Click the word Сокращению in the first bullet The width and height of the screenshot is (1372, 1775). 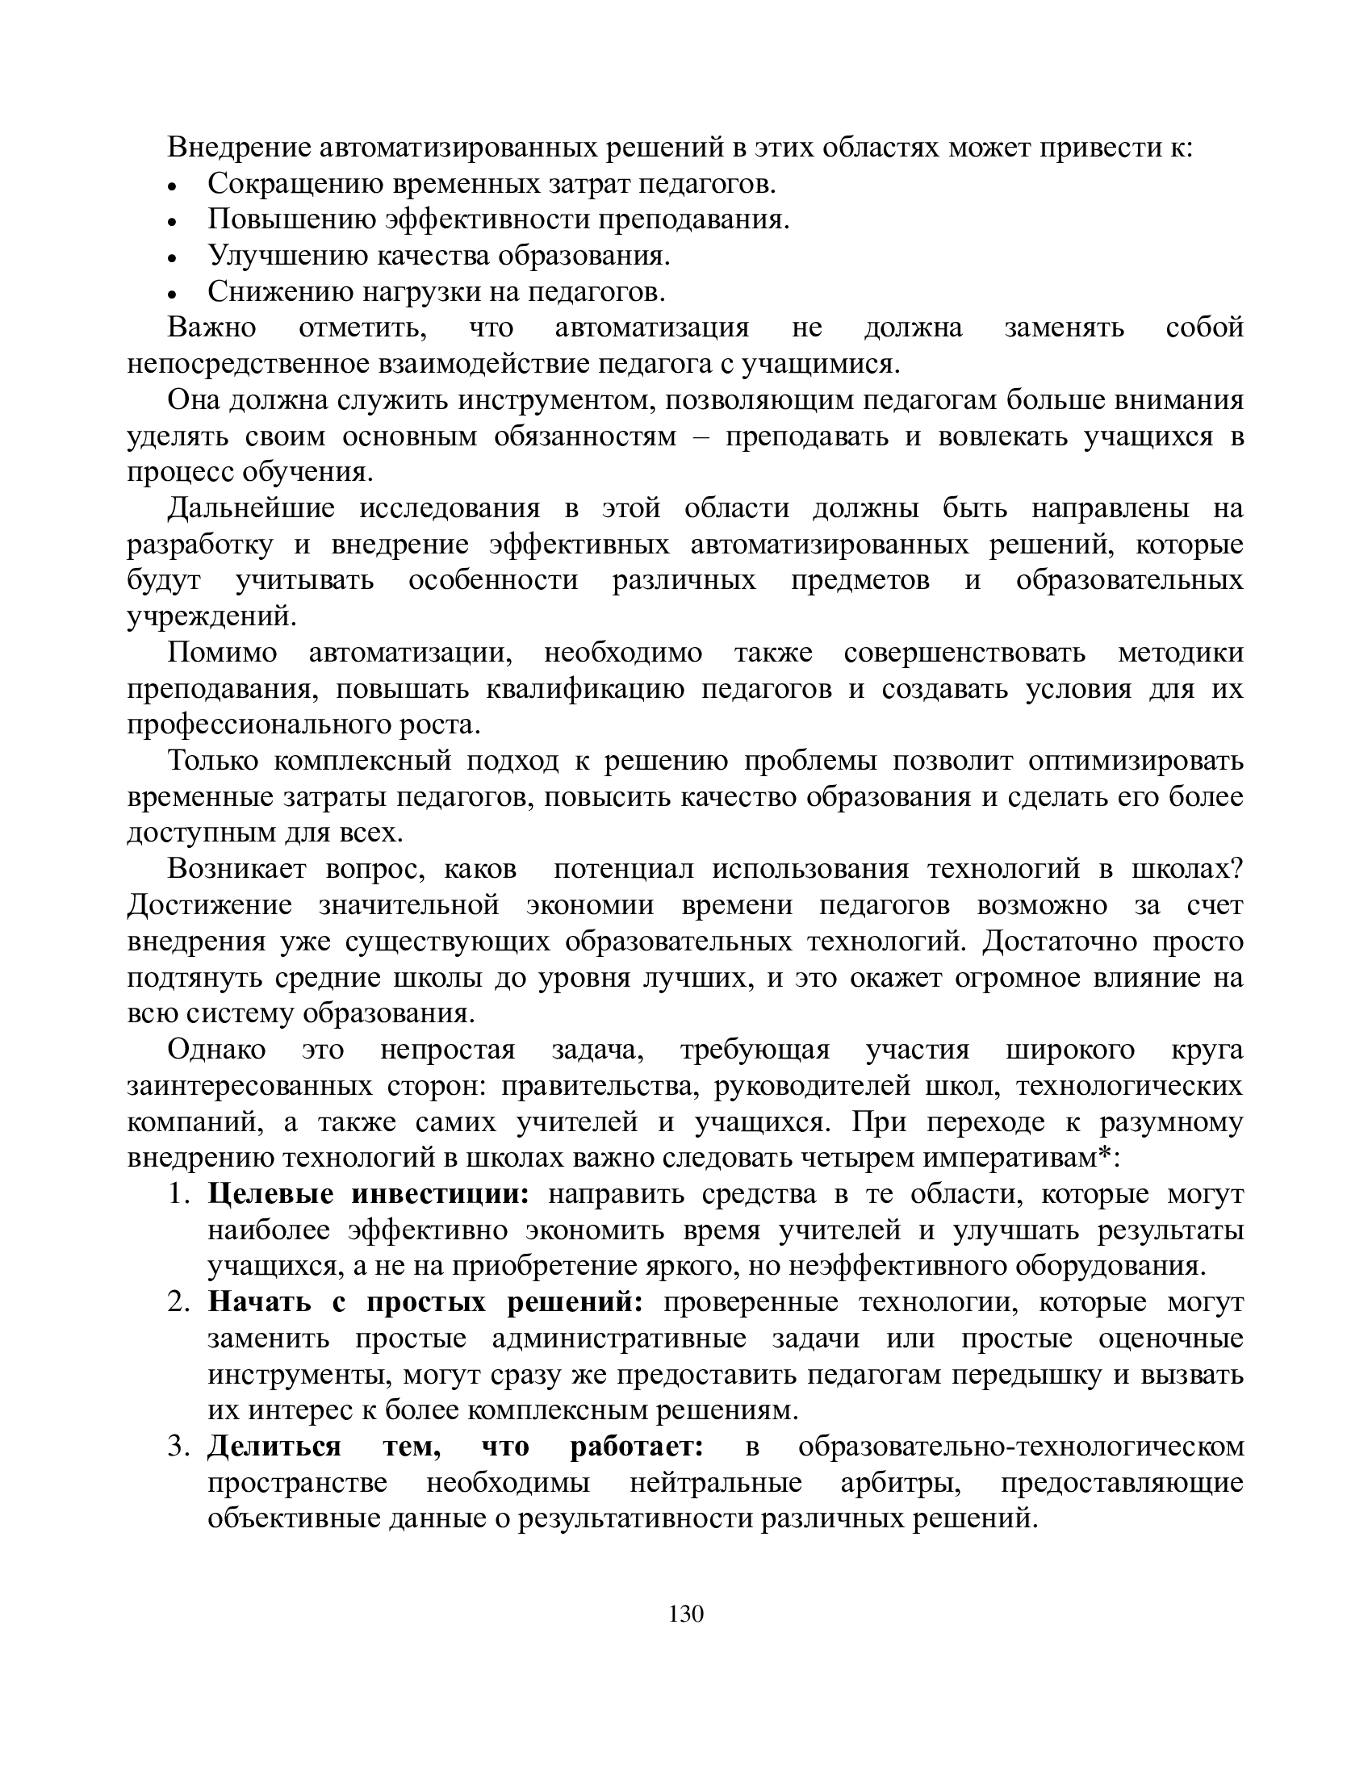click(295, 185)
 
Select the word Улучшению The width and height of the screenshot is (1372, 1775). click(289, 256)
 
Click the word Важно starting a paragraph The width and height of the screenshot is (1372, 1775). click(211, 328)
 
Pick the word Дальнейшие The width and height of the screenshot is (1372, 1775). click(251, 508)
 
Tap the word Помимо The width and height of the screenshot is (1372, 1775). click(222, 653)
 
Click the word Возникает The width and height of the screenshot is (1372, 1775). click(236, 869)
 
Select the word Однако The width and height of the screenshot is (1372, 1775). click(216, 1049)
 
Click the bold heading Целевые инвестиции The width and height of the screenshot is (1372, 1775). click(368, 1194)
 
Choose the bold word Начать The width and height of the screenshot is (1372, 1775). click(260, 1302)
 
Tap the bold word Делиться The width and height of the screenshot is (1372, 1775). click(274, 1447)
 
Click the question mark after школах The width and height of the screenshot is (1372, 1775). click(1237, 869)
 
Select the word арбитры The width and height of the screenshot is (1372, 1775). click(901, 1482)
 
